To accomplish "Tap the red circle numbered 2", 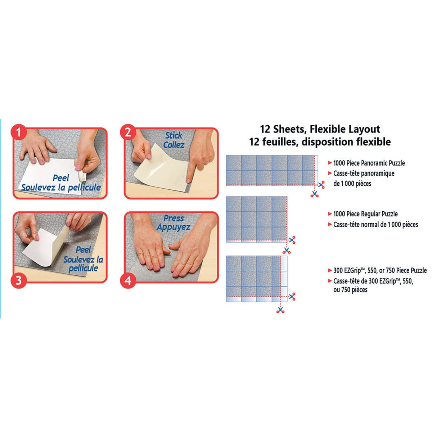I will point(128,133).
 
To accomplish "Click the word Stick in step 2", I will point(174,136).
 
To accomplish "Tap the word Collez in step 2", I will point(174,145).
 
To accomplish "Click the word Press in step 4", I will point(174,218).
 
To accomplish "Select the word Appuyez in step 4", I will point(174,227).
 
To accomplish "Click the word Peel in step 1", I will point(61,178).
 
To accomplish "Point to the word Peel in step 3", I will point(83,250).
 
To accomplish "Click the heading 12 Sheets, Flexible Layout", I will point(320,129).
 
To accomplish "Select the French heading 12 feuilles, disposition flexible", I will point(320,142).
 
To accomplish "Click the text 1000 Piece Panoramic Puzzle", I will point(369,163).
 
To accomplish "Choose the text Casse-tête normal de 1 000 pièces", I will point(375,225).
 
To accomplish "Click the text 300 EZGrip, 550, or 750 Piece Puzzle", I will point(380,270).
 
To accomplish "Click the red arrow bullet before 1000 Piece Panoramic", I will point(330,163).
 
